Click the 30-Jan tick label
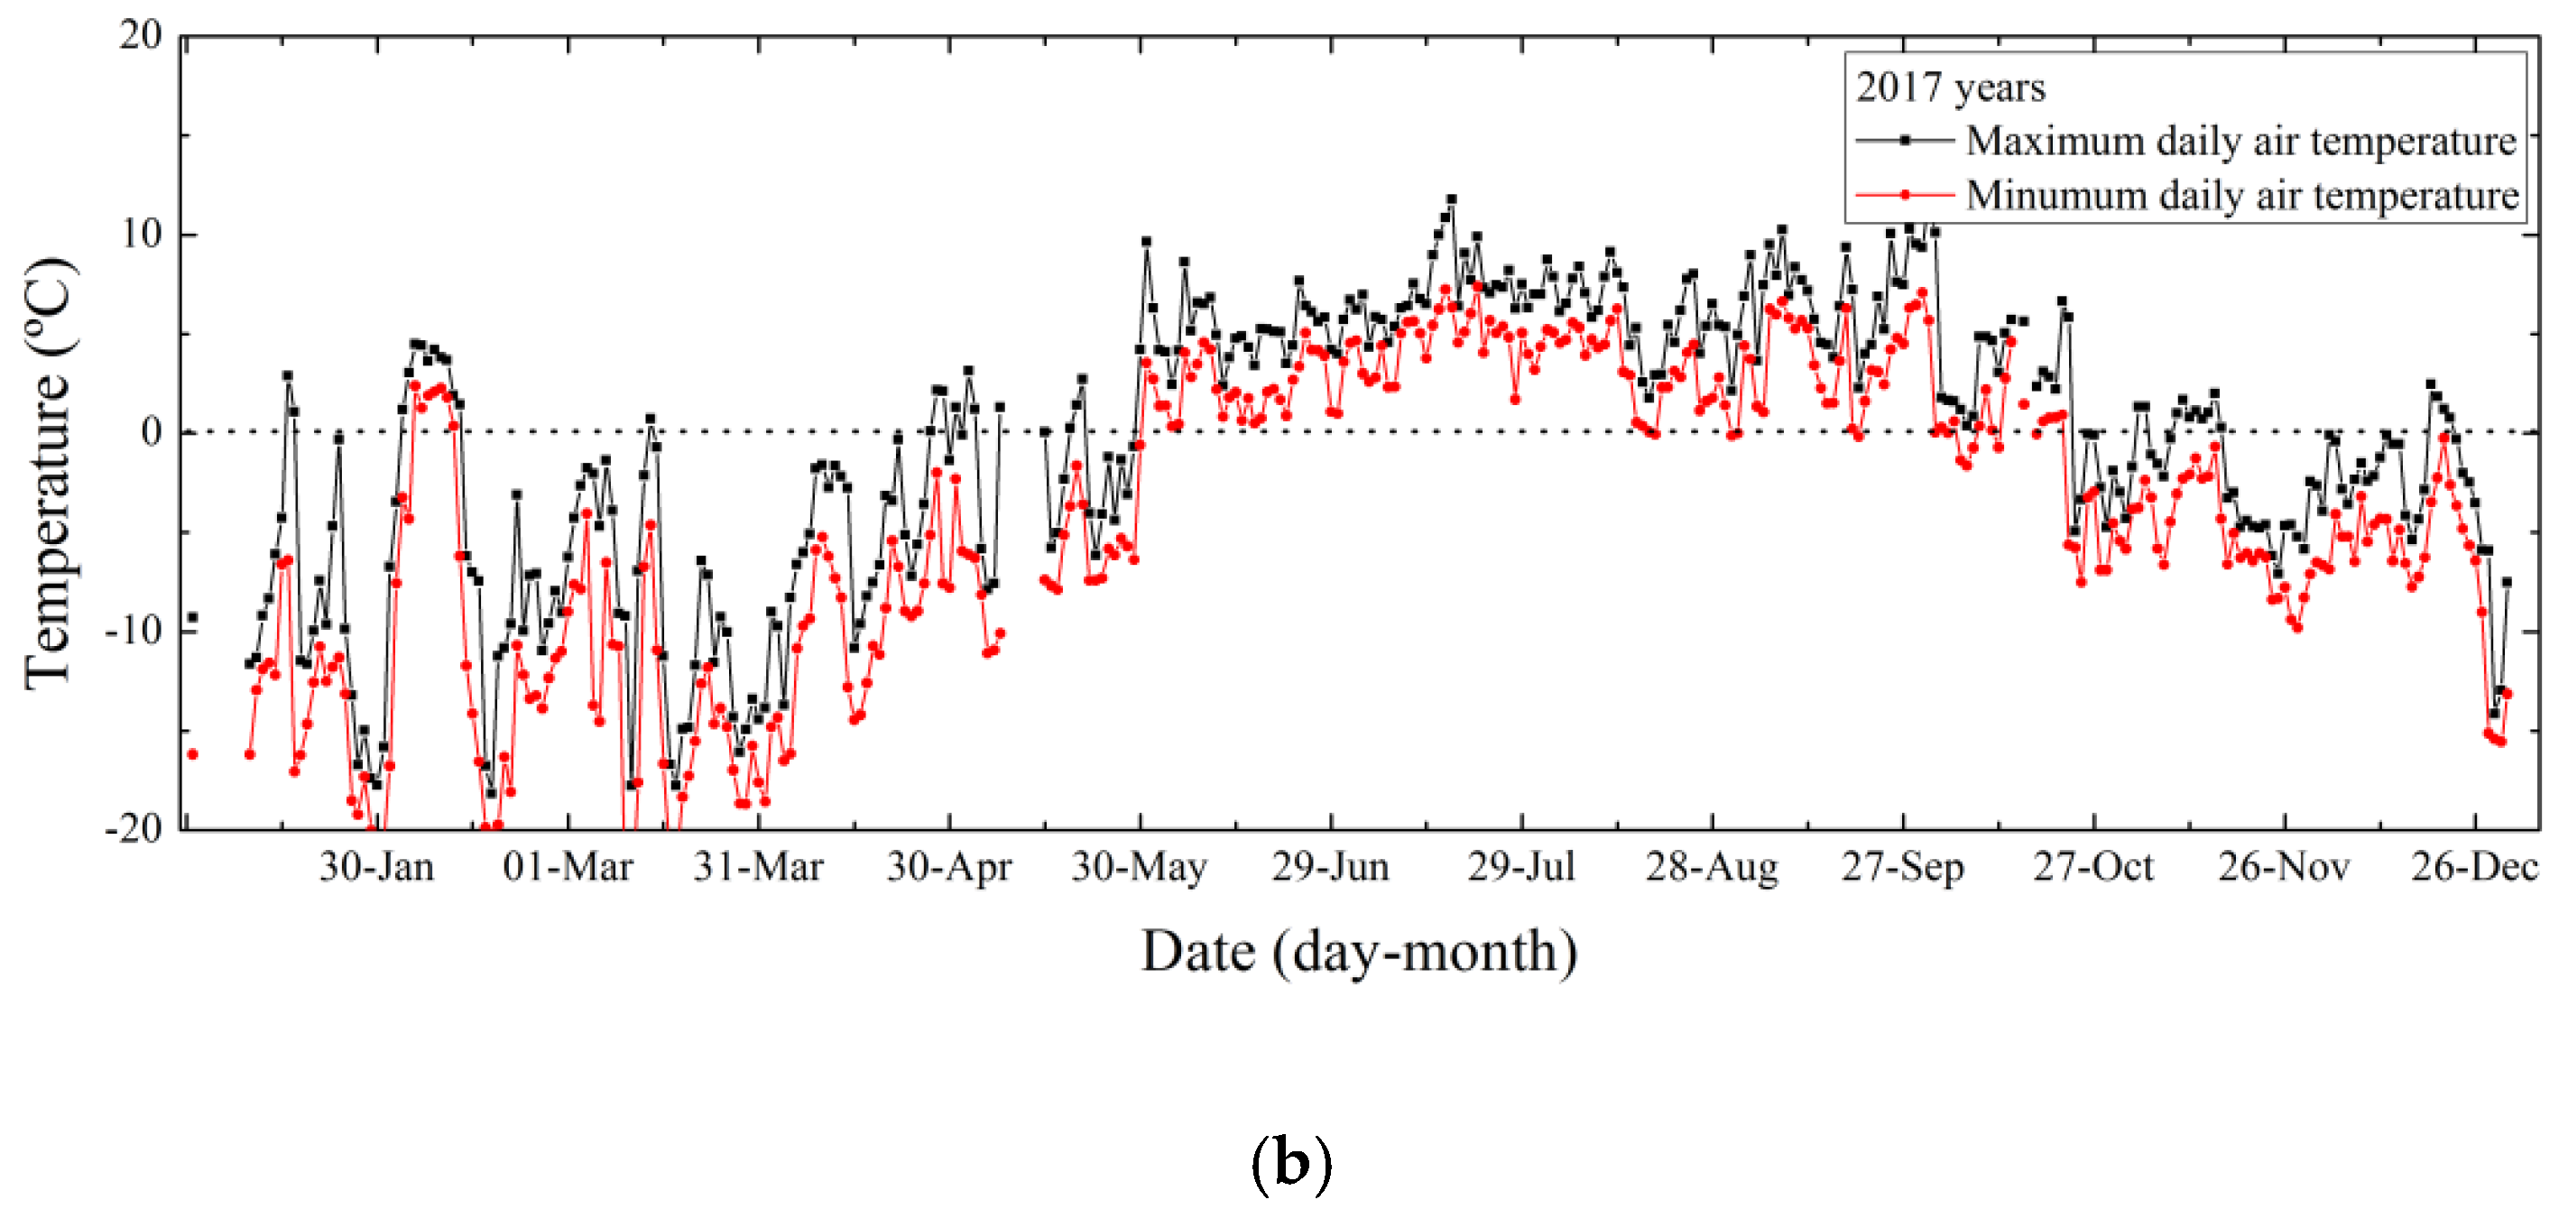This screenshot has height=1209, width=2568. [x=377, y=867]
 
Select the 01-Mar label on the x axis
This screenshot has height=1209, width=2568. [x=568, y=867]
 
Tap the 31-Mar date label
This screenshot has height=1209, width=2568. [x=758, y=867]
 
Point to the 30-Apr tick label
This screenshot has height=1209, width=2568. [x=949, y=867]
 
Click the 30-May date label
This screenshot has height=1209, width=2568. [x=1140, y=867]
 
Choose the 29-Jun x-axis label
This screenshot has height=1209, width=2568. [x=1330, y=867]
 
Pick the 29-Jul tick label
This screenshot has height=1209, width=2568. [x=1521, y=867]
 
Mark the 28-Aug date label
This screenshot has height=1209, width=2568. [x=1712, y=867]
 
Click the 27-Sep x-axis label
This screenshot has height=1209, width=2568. [x=1902, y=867]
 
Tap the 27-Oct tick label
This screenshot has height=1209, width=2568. [x=2093, y=867]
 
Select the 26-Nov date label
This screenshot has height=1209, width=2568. [x=2284, y=867]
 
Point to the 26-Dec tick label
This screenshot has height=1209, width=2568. [x=2474, y=867]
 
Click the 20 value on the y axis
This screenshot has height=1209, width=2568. [x=141, y=36]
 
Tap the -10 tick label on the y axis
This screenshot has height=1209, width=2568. [x=134, y=631]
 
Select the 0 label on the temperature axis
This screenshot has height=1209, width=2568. [x=152, y=432]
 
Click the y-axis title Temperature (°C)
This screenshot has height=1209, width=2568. [x=50, y=474]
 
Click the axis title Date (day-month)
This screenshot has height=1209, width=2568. [x=1359, y=952]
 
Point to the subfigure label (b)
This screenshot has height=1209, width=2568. [x=1291, y=1162]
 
